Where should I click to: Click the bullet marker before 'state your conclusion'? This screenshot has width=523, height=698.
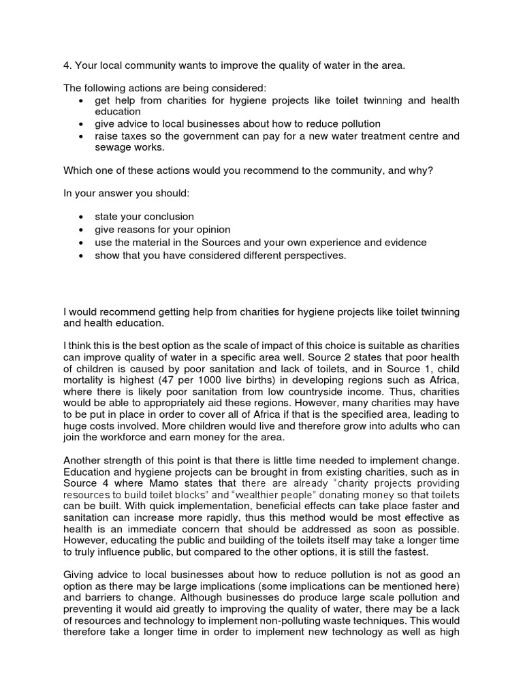[x=81, y=217]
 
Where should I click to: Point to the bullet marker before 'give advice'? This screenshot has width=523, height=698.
[x=81, y=123]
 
